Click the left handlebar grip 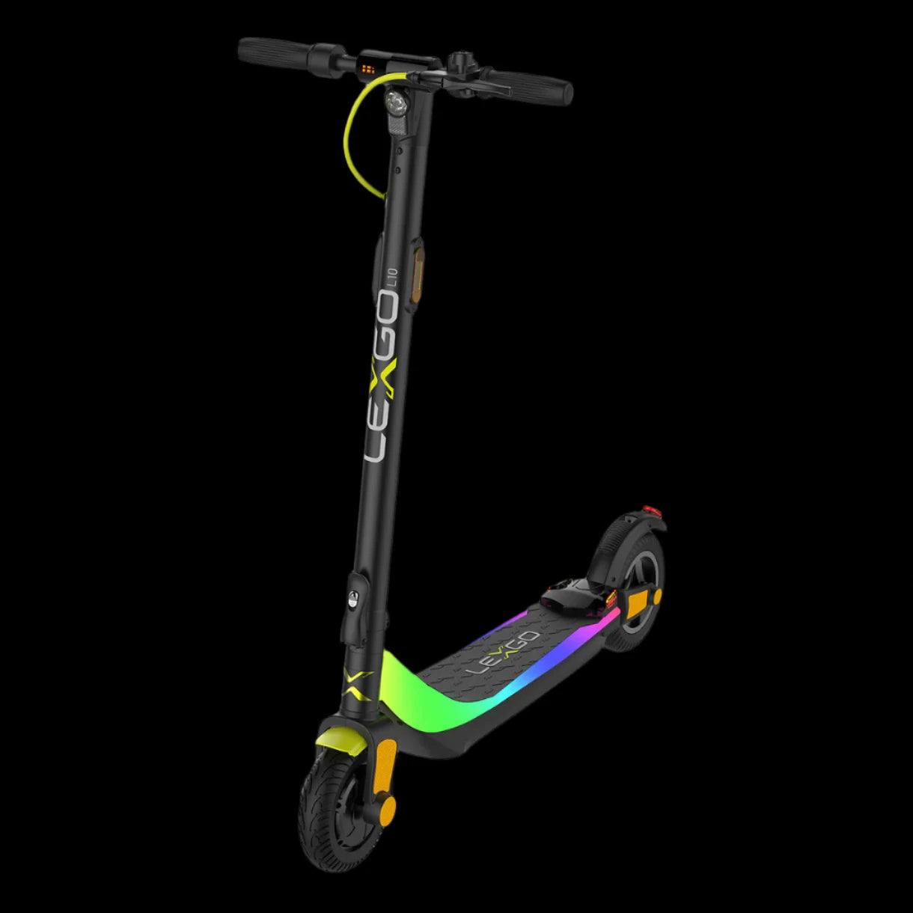(x=275, y=52)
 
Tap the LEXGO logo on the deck (x=503, y=653)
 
